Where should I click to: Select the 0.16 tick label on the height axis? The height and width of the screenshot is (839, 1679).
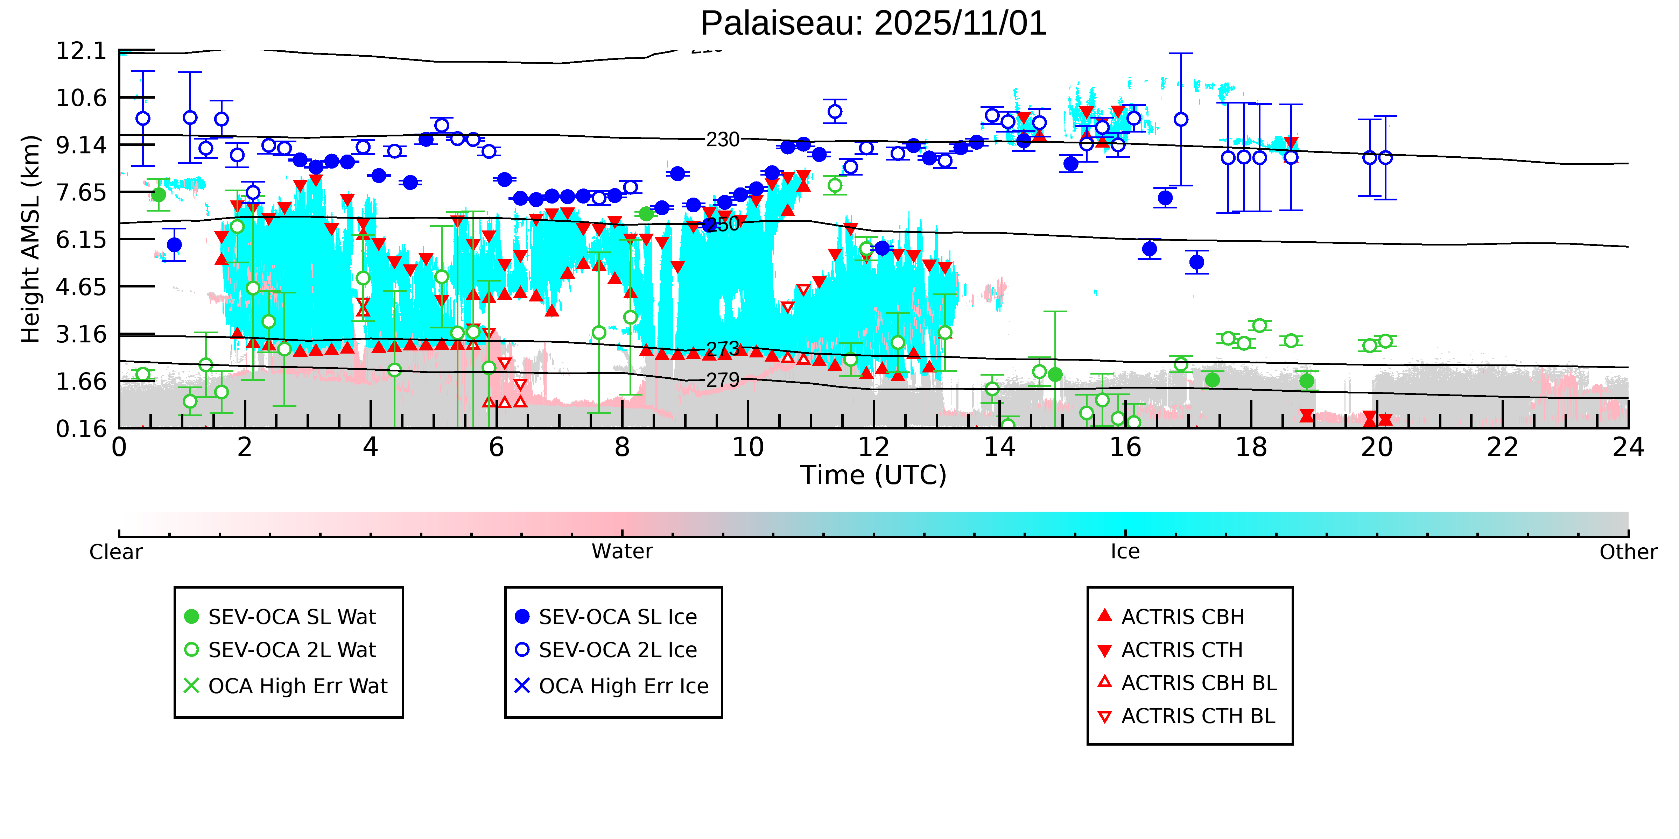coord(81,429)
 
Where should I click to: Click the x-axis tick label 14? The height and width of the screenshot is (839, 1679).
coord(999,448)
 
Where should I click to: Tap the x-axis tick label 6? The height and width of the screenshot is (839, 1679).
coord(496,448)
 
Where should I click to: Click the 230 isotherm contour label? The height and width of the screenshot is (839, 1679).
coord(723,140)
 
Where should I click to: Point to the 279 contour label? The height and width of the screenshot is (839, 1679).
coord(723,380)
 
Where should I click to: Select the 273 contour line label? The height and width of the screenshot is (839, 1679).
coord(723,348)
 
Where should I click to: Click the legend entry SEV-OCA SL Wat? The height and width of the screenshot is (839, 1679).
coord(291,617)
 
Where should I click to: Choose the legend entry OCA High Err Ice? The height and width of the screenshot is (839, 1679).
coord(623,686)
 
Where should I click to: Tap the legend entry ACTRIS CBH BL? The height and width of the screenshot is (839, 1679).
coord(1198,683)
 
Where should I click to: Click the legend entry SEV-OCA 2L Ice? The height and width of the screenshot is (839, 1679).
coord(617,650)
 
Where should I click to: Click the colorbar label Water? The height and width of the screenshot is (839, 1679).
coord(622,552)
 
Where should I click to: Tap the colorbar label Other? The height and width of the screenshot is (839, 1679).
coord(1628,552)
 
